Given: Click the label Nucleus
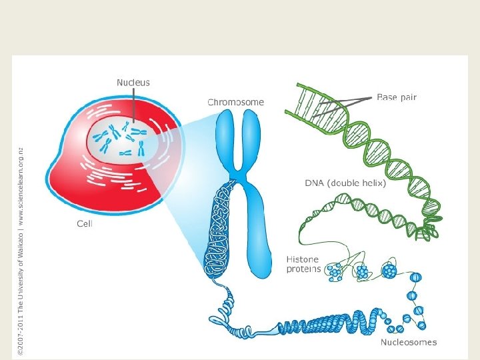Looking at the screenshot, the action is coord(133,83).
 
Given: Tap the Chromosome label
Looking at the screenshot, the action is coord(235,103).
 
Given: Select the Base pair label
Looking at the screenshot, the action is coord(397,97).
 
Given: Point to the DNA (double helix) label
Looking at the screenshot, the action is coord(345,183).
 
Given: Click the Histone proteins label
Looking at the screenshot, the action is coord(303,264).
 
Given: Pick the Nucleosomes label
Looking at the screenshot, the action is coord(409,343).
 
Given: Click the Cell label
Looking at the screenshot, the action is coord(85,224).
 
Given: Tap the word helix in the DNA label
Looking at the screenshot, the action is coord(372,183).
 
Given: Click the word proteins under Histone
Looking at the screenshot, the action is coord(304,269).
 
